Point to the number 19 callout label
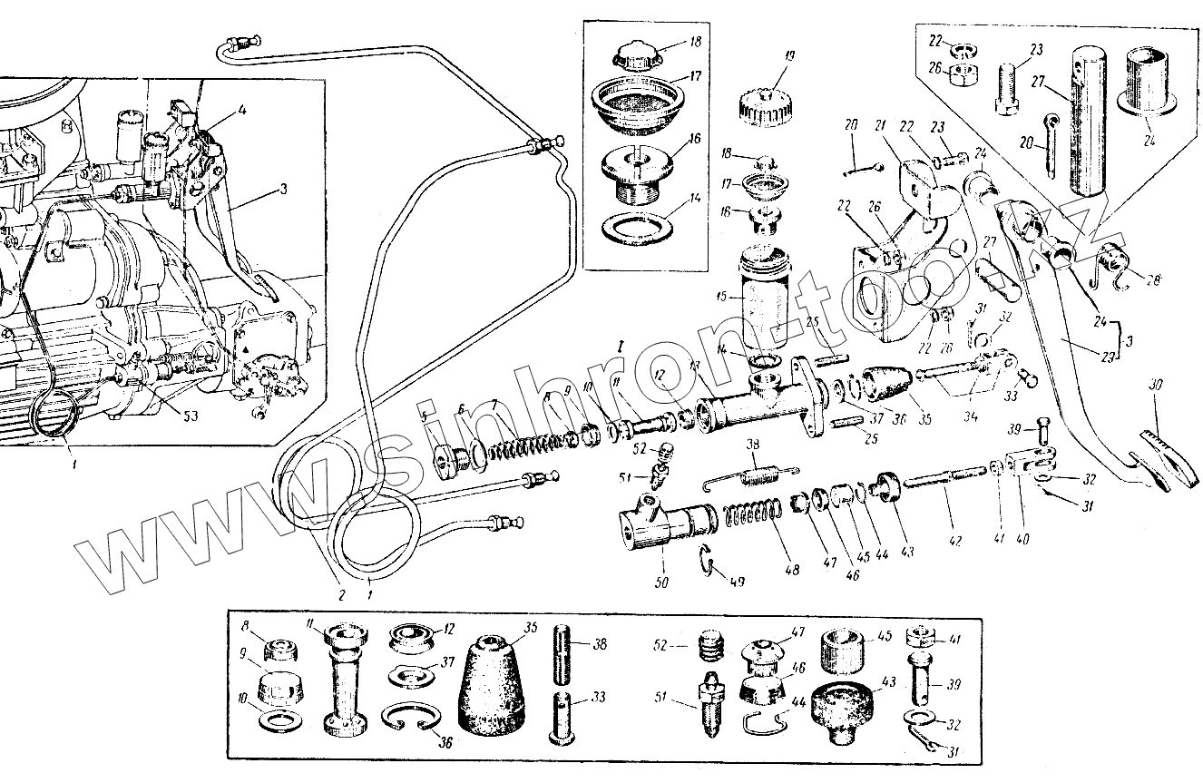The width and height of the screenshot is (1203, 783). tap(787, 57)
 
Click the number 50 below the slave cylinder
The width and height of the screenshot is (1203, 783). tap(661, 582)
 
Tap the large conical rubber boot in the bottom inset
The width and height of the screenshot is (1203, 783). tap(491, 681)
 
